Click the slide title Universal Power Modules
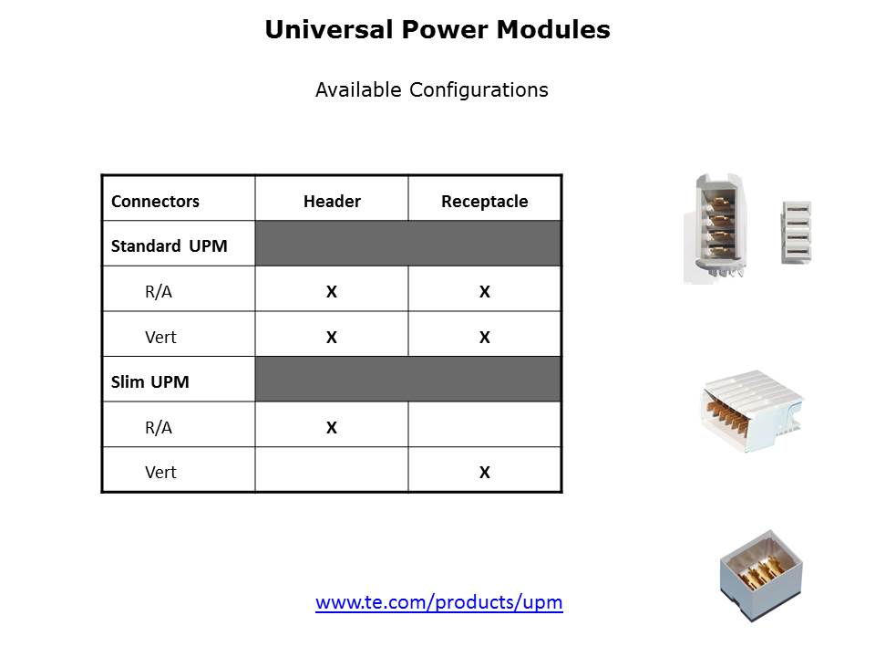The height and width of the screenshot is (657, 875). (437, 30)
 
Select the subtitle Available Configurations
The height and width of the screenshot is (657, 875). (431, 89)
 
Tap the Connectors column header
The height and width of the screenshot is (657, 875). (155, 202)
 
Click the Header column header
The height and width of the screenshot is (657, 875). (332, 202)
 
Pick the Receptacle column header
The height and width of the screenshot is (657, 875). (484, 202)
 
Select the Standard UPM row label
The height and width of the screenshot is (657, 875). (170, 246)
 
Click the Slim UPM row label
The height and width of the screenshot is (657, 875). (150, 381)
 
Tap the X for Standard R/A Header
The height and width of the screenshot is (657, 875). (332, 292)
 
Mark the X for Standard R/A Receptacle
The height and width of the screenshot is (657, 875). (485, 292)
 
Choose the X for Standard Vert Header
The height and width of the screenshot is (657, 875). (332, 338)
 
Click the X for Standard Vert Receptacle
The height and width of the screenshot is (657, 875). (485, 338)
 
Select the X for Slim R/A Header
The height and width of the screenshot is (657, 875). (332, 427)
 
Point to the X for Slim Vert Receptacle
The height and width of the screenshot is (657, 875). (485, 473)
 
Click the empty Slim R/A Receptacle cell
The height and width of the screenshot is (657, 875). (485, 425)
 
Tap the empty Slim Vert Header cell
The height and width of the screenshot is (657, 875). (332, 471)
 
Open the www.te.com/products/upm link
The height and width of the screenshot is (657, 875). (439, 602)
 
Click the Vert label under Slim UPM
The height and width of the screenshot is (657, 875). (160, 473)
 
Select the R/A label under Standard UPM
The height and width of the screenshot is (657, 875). (159, 292)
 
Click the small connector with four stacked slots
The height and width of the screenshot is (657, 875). (796, 233)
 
